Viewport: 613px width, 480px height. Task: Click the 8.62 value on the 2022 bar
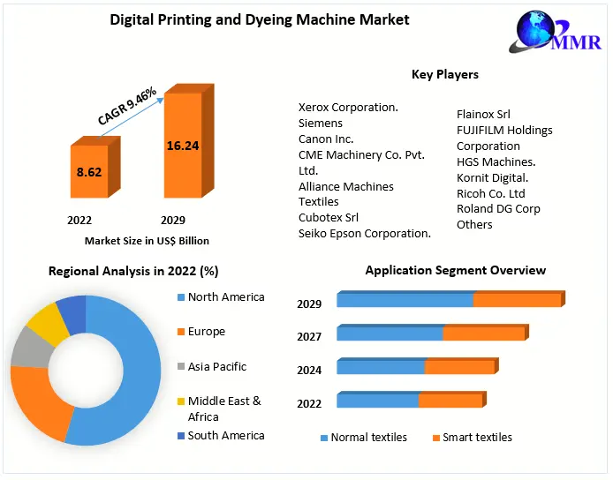point(89,172)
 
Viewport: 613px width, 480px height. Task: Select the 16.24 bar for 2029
point(182,146)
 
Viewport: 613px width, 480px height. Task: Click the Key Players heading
point(445,75)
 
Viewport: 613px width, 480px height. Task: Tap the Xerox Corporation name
point(348,108)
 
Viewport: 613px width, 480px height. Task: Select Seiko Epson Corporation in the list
point(364,234)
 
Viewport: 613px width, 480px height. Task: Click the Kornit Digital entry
point(493,178)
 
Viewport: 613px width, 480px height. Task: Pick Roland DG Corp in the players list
point(498,209)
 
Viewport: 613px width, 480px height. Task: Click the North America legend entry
point(225,297)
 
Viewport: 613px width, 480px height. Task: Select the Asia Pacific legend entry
point(217,367)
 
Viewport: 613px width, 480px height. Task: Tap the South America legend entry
point(225,436)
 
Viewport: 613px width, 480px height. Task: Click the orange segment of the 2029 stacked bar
point(517,300)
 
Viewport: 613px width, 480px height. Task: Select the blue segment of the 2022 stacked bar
point(377,401)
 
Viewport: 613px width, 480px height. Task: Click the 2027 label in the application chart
point(309,337)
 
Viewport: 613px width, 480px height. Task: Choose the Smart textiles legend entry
point(476,438)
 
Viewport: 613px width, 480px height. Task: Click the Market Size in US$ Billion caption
point(147,240)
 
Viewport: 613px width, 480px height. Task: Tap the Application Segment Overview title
point(456,271)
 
